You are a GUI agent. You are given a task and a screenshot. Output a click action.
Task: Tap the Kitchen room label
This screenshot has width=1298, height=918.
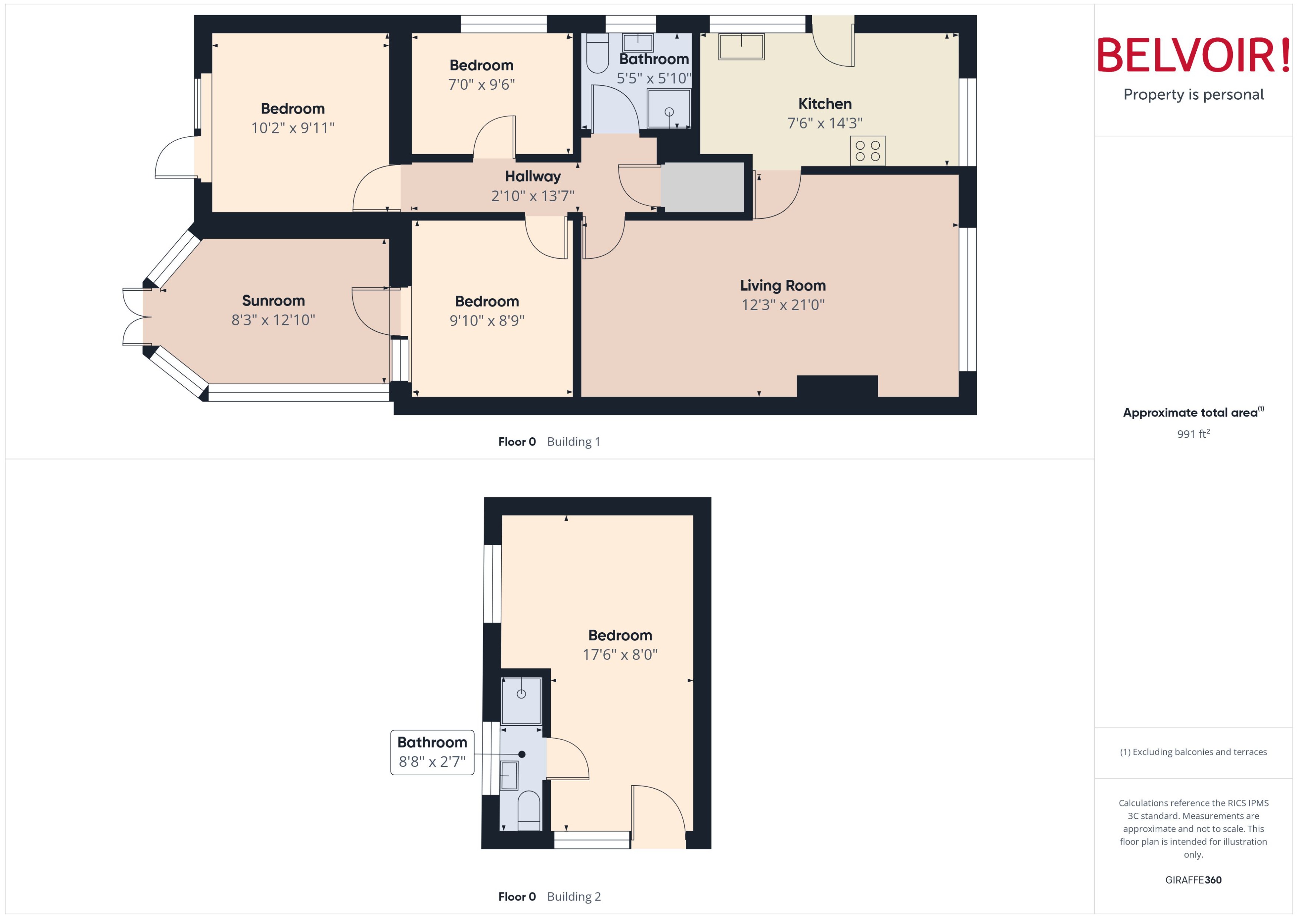coord(825,104)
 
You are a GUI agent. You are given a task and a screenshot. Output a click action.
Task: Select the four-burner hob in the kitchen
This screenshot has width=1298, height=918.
coord(867,151)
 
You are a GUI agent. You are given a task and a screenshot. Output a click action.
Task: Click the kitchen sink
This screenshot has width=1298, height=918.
coord(741,46)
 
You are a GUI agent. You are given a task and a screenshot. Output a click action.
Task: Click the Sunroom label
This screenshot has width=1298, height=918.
coord(273,301)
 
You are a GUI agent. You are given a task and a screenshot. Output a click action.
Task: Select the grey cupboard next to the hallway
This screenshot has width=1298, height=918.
coord(702,188)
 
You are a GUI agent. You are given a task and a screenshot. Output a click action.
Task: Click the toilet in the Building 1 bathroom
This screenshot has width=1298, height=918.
coord(597,54)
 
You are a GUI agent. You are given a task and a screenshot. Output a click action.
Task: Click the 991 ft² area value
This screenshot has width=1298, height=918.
coord(1193,434)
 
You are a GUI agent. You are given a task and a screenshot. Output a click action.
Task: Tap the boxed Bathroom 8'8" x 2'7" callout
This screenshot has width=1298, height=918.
coord(432,752)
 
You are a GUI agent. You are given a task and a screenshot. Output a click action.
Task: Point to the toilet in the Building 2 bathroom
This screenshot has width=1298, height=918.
coord(529,811)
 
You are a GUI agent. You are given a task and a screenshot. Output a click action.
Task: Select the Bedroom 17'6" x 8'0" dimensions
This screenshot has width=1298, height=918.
coord(620,654)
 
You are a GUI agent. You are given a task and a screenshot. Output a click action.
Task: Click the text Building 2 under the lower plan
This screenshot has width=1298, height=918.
coord(573,897)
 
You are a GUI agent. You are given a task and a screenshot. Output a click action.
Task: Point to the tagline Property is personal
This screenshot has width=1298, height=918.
coord(1193,95)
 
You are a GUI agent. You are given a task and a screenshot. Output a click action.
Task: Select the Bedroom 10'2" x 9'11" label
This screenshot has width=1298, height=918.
coord(292,109)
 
